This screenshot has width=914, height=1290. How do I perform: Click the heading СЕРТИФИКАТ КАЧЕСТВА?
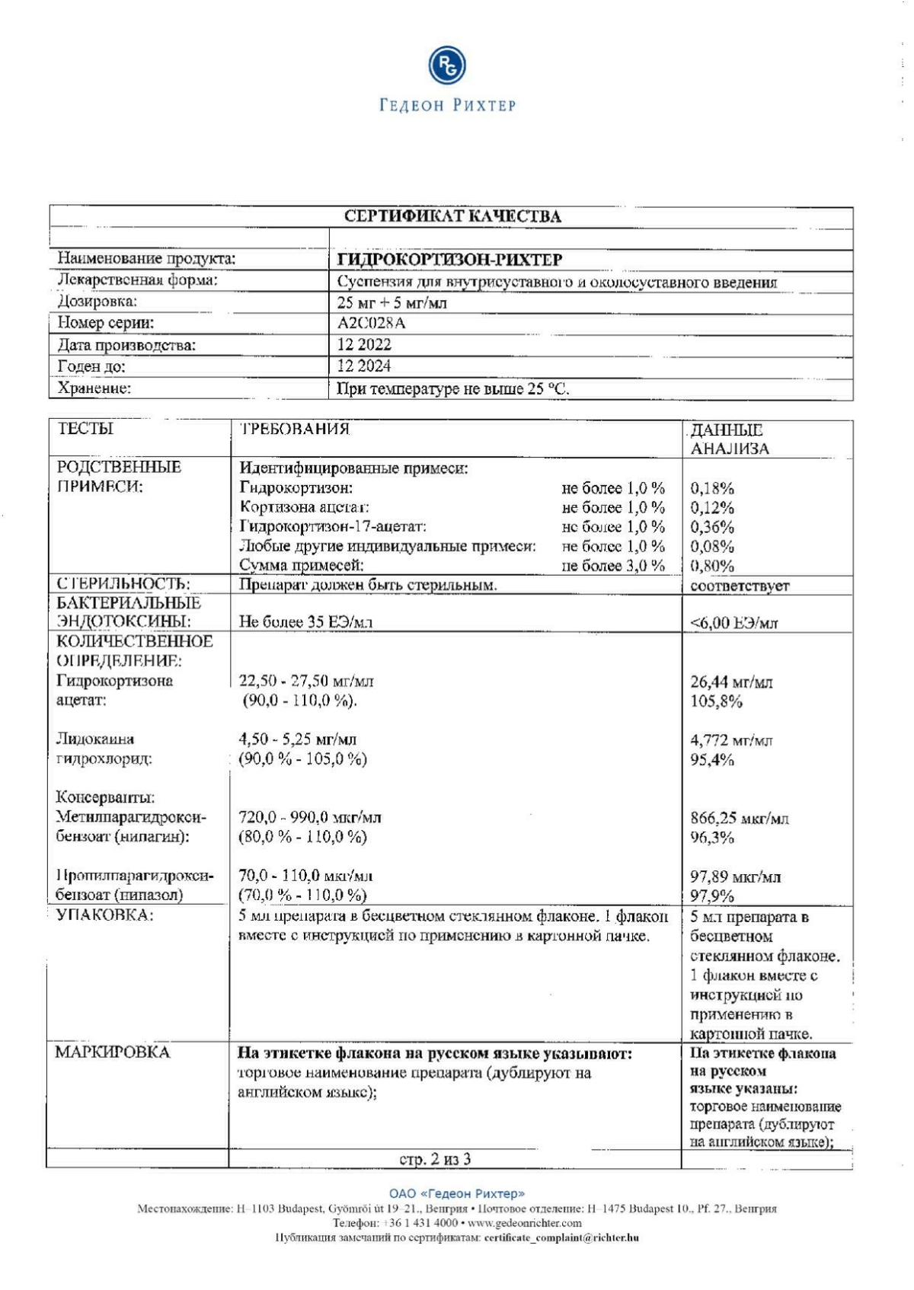(452, 216)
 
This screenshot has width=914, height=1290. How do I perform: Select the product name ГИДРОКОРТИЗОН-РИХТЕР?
(449, 260)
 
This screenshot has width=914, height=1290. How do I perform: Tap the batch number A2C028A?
(371, 323)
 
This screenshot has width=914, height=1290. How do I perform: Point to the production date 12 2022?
(364, 344)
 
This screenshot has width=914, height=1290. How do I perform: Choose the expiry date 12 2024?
(364, 366)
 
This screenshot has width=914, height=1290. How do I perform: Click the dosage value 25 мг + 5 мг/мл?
(391, 302)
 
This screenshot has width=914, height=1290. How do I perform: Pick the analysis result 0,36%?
(711, 527)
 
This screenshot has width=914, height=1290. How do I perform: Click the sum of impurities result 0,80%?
(711, 566)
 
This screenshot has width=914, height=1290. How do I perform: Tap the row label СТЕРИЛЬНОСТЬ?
(123, 584)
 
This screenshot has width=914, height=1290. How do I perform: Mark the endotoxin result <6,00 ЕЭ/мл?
(733, 624)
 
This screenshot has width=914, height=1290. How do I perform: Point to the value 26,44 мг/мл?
(730, 682)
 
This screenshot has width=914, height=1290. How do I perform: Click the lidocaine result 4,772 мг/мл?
(730, 740)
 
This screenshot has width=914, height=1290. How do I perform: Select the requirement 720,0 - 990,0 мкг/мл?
(310, 817)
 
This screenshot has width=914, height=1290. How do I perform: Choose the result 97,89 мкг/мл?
(735, 876)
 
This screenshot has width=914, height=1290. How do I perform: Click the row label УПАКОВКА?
(104, 915)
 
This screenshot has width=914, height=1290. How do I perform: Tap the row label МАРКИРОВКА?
(112, 1052)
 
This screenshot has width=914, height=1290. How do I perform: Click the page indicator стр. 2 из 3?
(435, 1159)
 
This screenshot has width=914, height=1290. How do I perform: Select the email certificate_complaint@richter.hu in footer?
(561, 1237)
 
